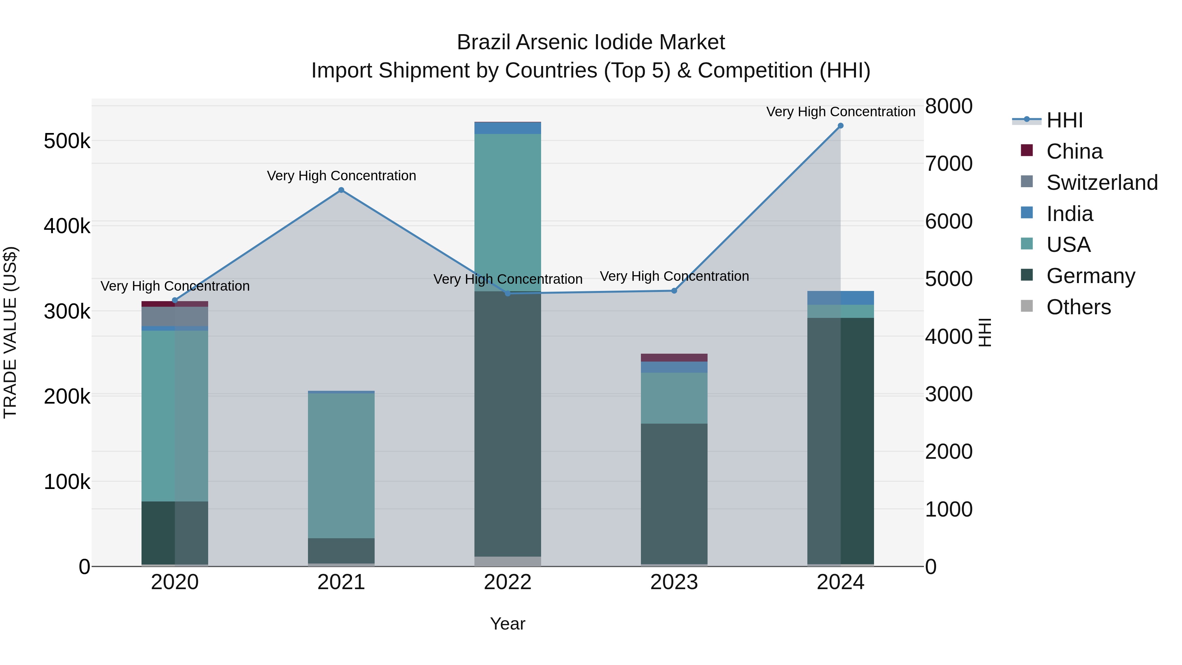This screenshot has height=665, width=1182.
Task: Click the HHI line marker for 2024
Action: [x=840, y=126]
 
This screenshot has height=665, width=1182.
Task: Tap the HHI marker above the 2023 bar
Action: [x=674, y=291]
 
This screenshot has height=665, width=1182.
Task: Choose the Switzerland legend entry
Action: [x=1102, y=183]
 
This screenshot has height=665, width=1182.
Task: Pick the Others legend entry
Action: [x=1078, y=307]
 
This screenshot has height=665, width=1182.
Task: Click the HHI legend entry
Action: [x=1064, y=120]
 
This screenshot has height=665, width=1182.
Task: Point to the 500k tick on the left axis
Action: [x=67, y=141]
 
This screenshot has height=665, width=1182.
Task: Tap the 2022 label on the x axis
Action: [x=508, y=582]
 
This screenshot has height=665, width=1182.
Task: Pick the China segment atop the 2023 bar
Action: [x=674, y=358]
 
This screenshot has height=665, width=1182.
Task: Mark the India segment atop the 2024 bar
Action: [x=840, y=298]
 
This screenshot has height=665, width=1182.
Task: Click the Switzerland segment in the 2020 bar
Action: [x=174, y=316]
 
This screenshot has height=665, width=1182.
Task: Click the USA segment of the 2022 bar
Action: [x=508, y=212]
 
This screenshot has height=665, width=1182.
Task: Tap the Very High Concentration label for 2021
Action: [x=341, y=176]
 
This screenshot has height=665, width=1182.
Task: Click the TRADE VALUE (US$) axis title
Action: [x=11, y=332]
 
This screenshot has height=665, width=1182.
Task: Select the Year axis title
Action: [x=508, y=624]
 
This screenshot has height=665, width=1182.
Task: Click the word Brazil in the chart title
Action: [x=483, y=43]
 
